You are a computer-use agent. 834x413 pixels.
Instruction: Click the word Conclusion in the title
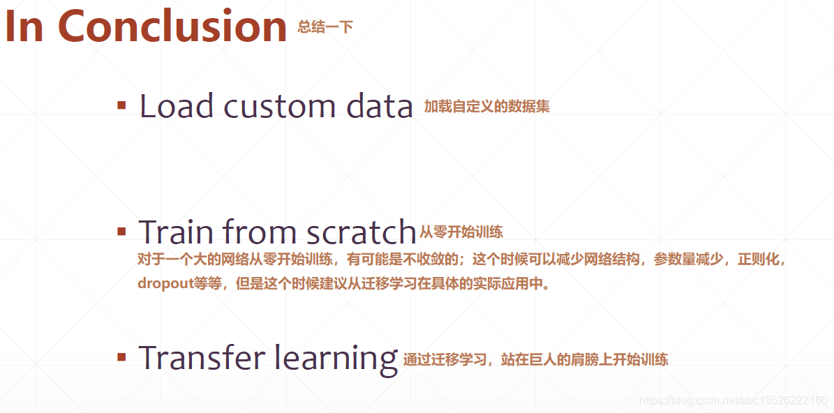pos(172,27)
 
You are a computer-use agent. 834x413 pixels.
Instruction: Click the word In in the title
pos(24,27)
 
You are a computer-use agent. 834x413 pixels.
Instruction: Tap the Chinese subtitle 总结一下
pos(325,27)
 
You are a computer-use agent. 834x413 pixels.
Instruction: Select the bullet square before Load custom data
pos(121,106)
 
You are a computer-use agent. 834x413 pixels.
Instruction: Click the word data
pos(380,106)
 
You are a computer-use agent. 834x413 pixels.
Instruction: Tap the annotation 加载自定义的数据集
pos(486,107)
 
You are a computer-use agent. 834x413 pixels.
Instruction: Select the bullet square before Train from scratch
pos(121,232)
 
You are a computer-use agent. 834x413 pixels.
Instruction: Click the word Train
pos(175,232)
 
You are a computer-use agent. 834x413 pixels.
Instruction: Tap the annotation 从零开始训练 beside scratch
pos(461,232)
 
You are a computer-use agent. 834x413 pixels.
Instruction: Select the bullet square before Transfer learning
pos(121,358)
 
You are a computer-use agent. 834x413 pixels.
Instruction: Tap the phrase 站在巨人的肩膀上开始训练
pos(584,360)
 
